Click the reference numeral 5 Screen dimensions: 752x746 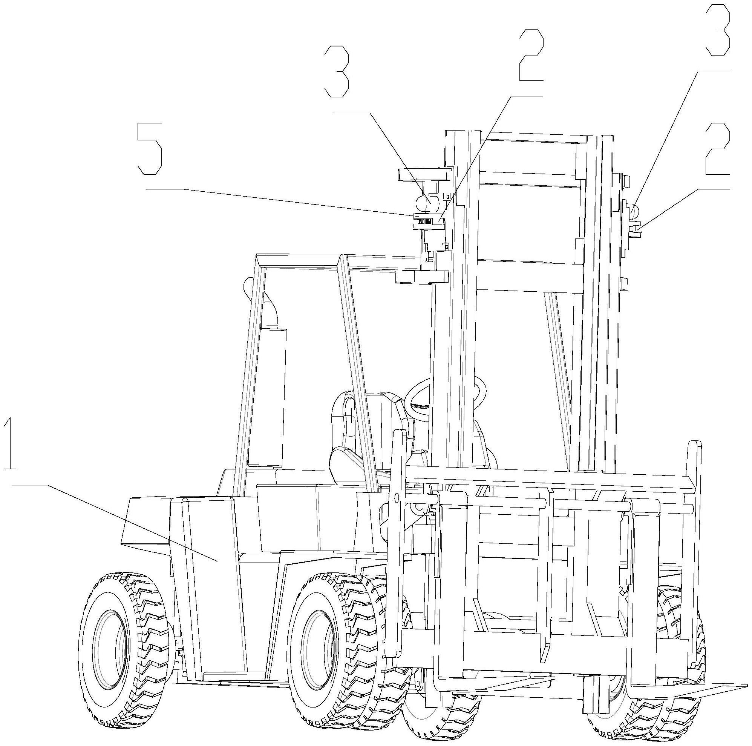150,149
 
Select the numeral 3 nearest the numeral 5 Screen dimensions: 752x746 336,71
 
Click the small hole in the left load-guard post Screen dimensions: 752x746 396,497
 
